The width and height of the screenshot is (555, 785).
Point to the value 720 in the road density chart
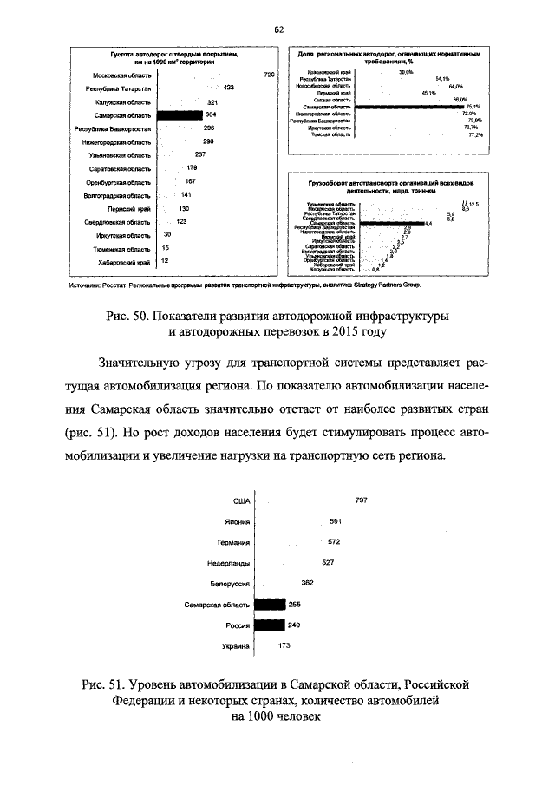click(269, 75)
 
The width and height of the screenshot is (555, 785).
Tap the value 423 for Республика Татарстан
click(230, 88)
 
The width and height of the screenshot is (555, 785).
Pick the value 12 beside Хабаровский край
click(165, 261)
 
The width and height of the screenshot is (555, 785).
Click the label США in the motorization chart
click(242, 500)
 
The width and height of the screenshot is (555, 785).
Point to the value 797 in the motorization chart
click(362, 500)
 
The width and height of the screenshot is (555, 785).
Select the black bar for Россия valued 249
click(271, 625)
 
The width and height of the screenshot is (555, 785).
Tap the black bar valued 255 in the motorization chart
click(271, 605)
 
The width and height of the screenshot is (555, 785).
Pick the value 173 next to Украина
click(284, 646)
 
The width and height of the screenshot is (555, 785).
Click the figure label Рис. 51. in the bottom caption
click(107, 684)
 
